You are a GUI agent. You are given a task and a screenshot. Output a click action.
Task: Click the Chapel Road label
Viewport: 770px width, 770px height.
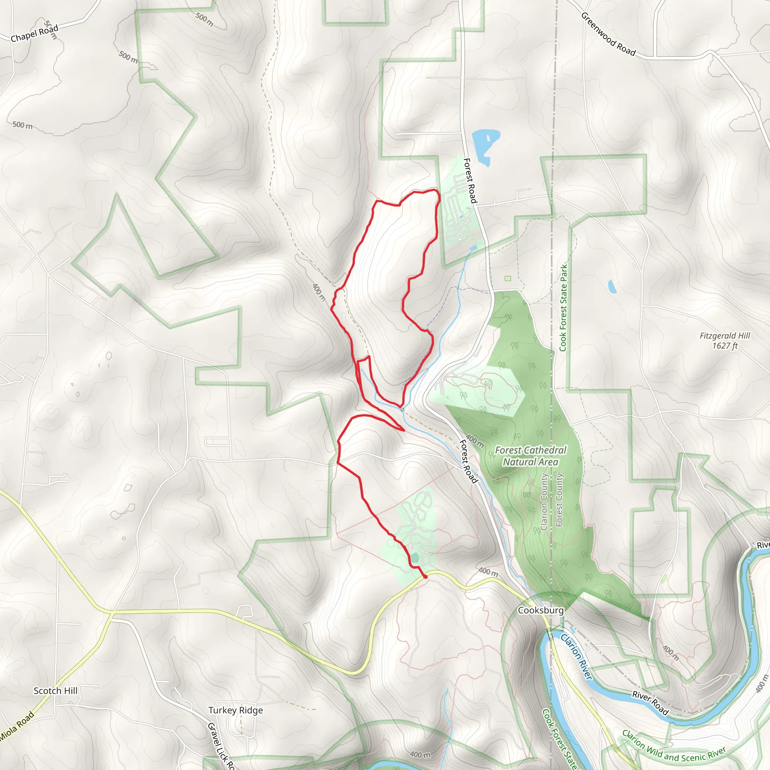34,33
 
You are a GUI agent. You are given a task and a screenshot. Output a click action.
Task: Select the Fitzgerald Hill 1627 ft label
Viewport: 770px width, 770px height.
725,341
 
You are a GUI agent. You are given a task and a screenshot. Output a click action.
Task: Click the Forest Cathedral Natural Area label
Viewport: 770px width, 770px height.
530,456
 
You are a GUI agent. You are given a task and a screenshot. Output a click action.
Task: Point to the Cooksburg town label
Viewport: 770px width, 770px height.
540,610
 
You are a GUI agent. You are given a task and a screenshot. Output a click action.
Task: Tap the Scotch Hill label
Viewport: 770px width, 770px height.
55,691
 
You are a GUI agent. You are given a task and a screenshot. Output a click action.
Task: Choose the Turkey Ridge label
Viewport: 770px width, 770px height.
235,710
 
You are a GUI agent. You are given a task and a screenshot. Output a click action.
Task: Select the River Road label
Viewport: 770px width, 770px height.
650,703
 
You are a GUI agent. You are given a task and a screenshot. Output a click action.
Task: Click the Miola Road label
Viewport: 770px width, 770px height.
17,727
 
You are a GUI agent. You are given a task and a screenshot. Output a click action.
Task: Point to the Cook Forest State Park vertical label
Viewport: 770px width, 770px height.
563,308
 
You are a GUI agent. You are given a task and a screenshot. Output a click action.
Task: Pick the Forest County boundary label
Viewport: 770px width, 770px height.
559,500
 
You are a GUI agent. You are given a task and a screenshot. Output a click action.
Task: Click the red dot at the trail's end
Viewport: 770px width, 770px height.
425,576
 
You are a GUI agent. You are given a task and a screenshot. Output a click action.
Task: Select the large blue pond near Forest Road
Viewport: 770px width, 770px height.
484,144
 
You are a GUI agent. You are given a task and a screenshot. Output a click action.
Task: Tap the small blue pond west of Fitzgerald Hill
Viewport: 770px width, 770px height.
612,286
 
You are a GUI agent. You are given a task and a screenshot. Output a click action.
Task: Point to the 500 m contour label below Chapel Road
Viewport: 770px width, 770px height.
23,125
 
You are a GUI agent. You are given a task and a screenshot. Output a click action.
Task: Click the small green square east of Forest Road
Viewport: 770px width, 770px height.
507,279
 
